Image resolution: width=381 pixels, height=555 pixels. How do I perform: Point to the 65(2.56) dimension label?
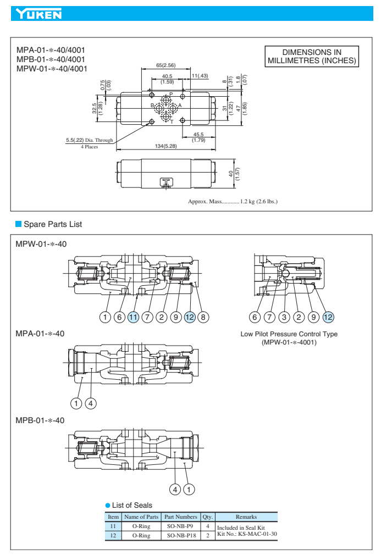(x=166, y=65)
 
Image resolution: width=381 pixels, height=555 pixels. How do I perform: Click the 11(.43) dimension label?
(x=200, y=75)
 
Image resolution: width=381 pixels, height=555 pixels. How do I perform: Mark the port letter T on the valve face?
(x=172, y=121)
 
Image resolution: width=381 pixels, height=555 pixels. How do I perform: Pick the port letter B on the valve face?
(x=152, y=105)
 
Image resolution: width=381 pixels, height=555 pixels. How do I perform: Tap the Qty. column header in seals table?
(x=208, y=517)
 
